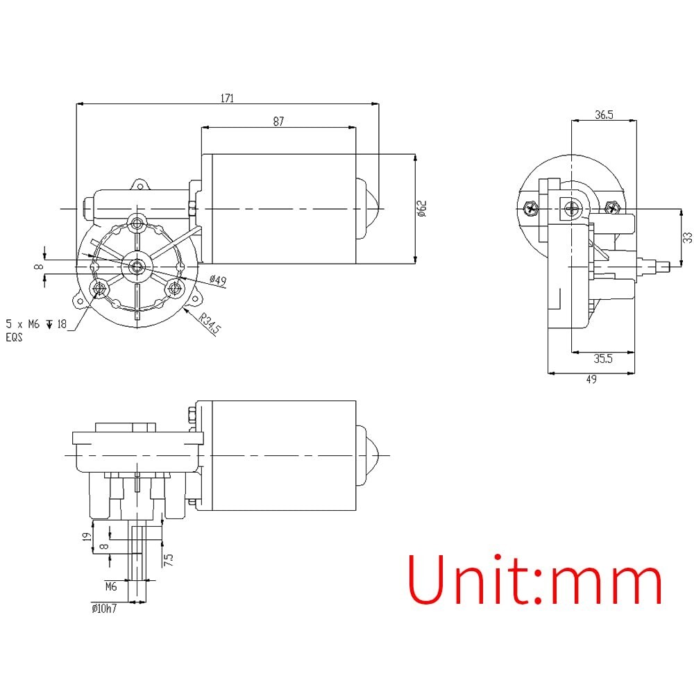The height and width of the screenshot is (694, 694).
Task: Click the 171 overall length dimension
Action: pyautogui.click(x=227, y=98)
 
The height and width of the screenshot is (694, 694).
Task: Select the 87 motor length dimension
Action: pyautogui.click(x=278, y=121)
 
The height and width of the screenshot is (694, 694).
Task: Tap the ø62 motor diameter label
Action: pyautogui.click(x=421, y=208)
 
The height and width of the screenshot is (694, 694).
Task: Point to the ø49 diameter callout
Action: pyautogui.click(x=218, y=280)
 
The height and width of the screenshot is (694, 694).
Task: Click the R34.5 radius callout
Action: pyautogui.click(x=210, y=323)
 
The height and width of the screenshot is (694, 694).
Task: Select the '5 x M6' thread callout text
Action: pyautogui.click(x=23, y=324)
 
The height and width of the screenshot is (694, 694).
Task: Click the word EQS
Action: pyautogui.click(x=14, y=337)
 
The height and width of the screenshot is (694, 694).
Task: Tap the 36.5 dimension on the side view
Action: pyautogui.click(x=604, y=115)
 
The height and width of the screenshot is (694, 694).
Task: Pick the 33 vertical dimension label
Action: pyautogui.click(x=687, y=237)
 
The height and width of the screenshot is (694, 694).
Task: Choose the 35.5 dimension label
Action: pyautogui.click(x=603, y=359)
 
